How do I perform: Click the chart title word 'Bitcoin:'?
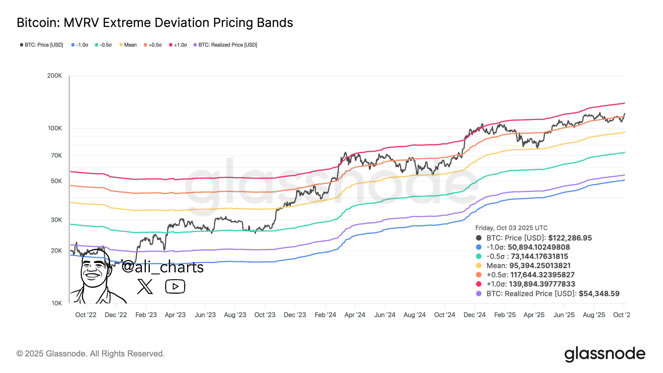point(38,23)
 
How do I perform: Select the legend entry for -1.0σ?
point(80,45)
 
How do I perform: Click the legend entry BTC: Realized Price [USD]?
point(225,45)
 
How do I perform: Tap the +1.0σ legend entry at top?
point(178,45)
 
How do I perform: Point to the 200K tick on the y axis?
point(54,76)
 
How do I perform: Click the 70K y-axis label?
point(56,155)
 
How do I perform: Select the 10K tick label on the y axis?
point(57,303)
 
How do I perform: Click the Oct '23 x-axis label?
point(265,315)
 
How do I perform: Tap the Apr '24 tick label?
point(355,315)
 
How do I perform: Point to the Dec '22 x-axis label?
point(116,315)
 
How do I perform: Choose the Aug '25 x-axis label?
point(594,315)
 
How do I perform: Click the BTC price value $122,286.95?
point(570,238)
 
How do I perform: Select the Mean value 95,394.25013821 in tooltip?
point(540,266)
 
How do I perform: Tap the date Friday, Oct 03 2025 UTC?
point(511,228)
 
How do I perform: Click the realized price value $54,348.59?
point(599,294)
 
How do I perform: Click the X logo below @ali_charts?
point(145,286)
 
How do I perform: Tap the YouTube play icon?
point(175,286)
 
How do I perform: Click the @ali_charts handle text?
point(163,267)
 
